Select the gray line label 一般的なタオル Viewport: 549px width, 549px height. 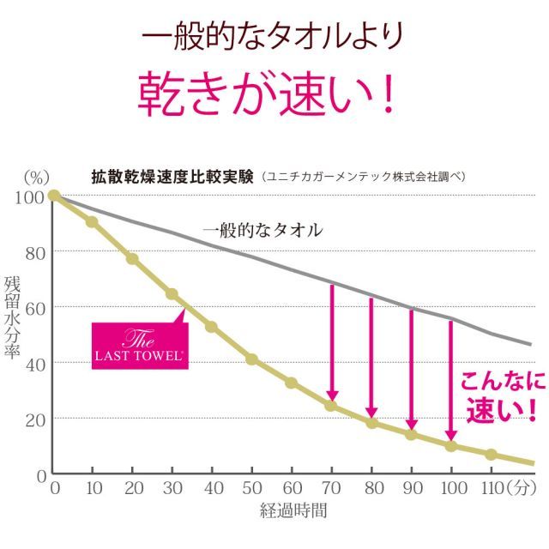[x=262, y=230]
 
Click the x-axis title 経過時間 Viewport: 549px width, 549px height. [x=293, y=511]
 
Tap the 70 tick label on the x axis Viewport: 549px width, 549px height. [x=331, y=489]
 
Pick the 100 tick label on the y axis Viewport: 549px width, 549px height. [x=28, y=196]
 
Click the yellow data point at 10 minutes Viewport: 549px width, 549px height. [x=93, y=222]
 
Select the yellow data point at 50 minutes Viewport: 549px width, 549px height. [x=252, y=359]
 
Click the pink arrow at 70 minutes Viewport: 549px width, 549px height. [x=332, y=343]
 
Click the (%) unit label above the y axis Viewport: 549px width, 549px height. [x=36, y=178]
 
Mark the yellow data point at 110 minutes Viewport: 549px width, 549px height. [x=491, y=455]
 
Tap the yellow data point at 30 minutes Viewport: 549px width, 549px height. [x=172, y=294]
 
